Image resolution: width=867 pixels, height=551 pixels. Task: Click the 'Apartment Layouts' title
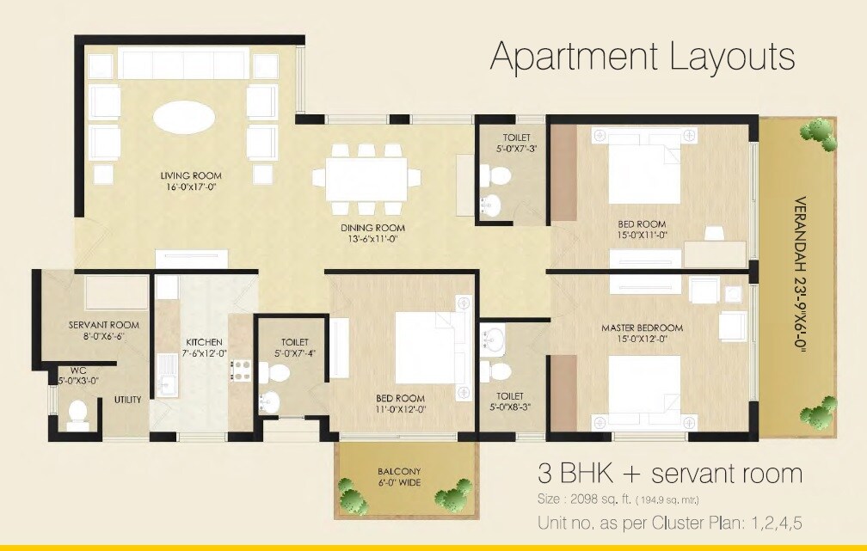pyautogui.click(x=642, y=57)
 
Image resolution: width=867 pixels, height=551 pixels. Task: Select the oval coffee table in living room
pyautogui.click(x=185, y=117)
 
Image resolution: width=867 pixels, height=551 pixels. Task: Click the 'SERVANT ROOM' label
pyautogui.click(x=103, y=325)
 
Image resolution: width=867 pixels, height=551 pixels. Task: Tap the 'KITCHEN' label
pyautogui.click(x=204, y=341)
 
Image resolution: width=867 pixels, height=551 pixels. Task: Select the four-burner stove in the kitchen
pyautogui.click(x=240, y=370)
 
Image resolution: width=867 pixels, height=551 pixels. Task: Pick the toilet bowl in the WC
pyautogui.click(x=78, y=419)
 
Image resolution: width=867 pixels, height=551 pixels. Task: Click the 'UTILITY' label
pyautogui.click(x=127, y=400)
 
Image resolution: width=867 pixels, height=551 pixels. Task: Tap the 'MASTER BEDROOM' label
pyautogui.click(x=642, y=328)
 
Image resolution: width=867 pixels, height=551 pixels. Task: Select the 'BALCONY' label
pyautogui.click(x=399, y=471)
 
